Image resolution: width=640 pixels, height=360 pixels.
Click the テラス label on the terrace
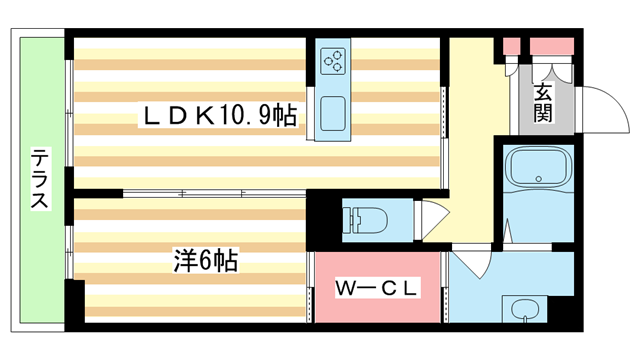[40, 180]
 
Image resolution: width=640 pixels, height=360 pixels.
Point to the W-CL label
[376, 290]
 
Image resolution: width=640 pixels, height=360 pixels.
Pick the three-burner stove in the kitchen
[333, 62]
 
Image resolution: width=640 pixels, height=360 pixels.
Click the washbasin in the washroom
[523, 311]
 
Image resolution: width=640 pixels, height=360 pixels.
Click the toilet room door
[433, 217]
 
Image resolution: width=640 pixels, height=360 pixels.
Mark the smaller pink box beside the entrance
[512, 45]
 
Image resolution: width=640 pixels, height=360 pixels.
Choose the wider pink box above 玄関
[550, 45]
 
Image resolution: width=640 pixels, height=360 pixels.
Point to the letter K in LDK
[200, 117]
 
